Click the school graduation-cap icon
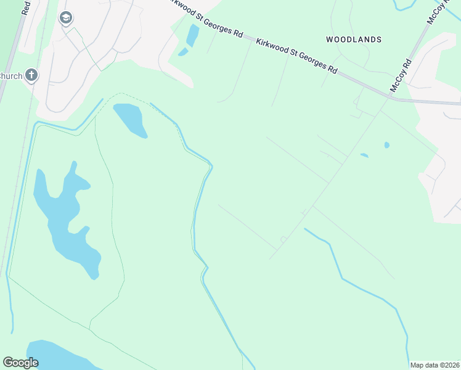(x=66, y=18)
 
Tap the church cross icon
(x=32, y=76)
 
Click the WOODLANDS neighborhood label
(x=354, y=39)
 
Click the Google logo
(x=20, y=363)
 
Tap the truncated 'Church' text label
(x=11, y=76)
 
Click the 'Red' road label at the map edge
(x=25, y=7)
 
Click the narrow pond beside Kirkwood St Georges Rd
(x=193, y=35)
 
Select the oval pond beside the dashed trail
(x=129, y=119)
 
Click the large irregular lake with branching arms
(x=65, y=216)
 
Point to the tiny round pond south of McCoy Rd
(x=386, y=146)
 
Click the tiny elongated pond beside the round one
(x=364, y=155)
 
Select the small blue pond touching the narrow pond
(x=183, y=52)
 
